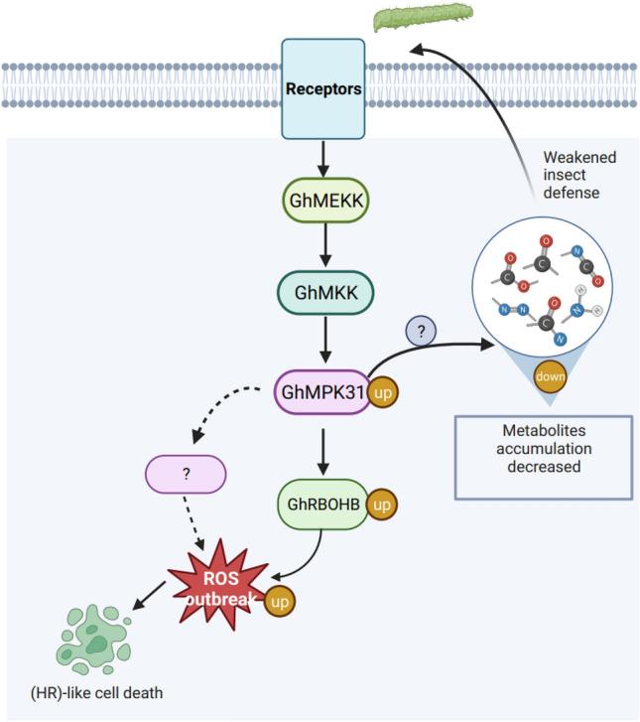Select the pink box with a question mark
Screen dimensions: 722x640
[x=186, y=475]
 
